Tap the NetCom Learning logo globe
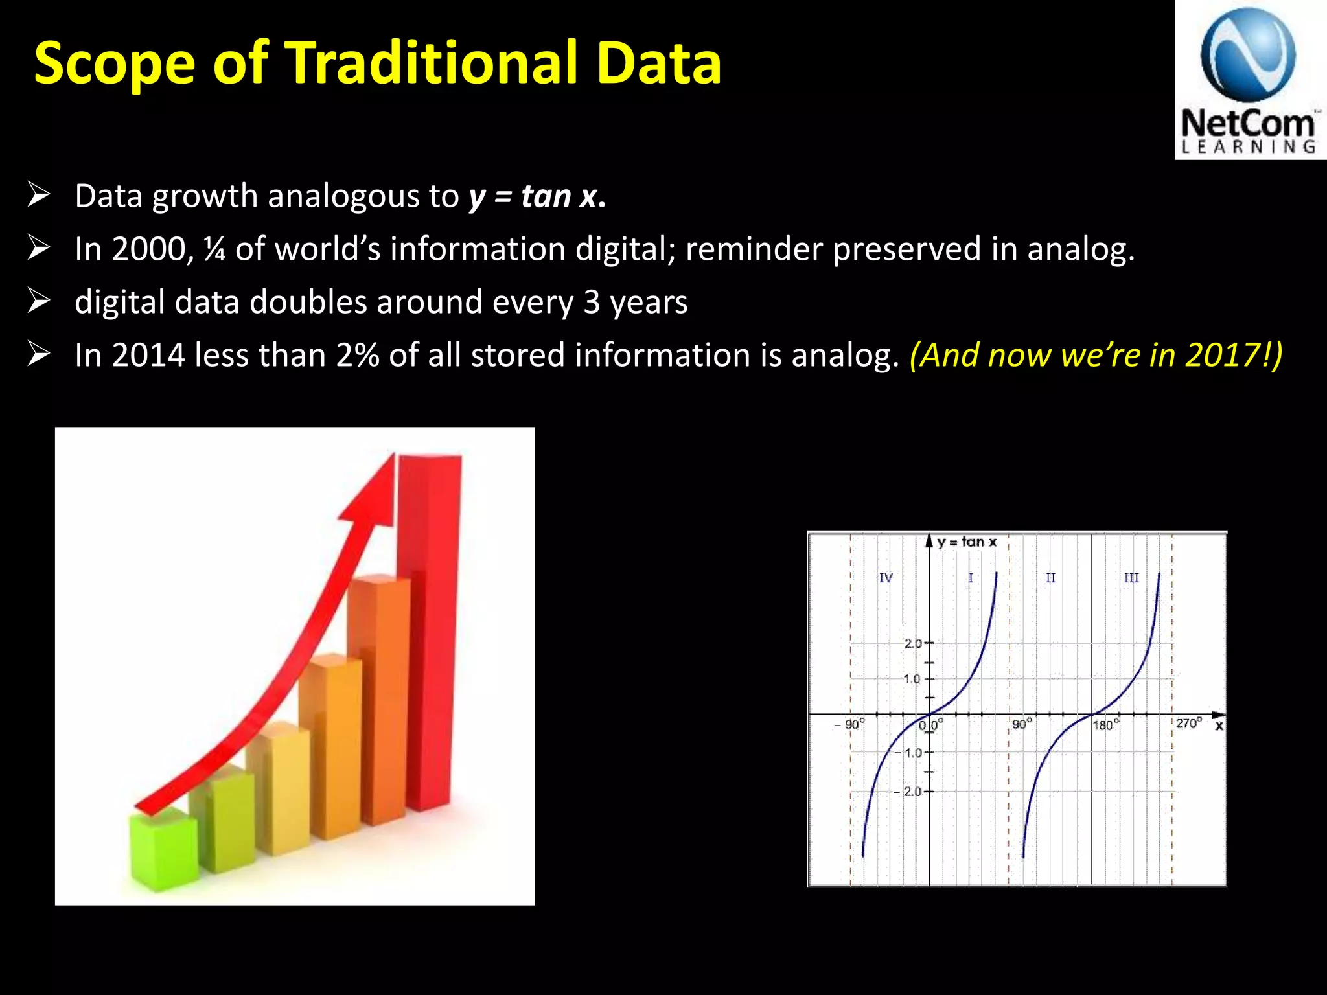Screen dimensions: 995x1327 coord(1248,55)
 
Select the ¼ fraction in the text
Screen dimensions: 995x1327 coord(214,249)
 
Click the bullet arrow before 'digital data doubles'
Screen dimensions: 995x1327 coord(39,301)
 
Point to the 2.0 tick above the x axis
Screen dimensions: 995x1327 coord(912,643)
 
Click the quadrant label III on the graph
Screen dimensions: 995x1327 coord(1131,578)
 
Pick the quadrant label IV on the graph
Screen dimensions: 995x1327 coord(886,578)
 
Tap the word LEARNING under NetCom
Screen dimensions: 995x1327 coord(1248,147)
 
